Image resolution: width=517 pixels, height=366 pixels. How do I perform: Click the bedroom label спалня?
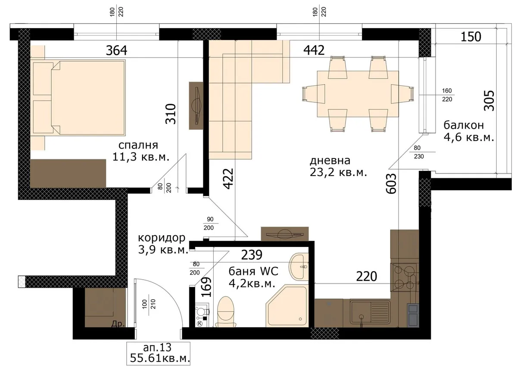point(138,145)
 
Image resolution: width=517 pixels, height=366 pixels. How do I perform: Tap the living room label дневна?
point(330,161)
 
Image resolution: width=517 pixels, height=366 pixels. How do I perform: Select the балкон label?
point(464,125)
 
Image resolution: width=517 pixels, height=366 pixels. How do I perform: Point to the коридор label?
point(162,238)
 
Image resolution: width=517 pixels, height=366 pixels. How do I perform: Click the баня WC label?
point(253,271)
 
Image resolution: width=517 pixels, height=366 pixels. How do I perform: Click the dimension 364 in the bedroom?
point(117,50)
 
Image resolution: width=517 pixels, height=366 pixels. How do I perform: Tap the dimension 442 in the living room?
point(314,50)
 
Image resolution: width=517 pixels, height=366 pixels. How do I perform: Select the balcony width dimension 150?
point(471,37)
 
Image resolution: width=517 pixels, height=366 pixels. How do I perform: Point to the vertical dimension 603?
point(391,183)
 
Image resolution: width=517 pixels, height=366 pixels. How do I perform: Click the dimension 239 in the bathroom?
point(252,255)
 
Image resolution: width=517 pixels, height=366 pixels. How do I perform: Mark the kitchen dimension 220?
point(367,276)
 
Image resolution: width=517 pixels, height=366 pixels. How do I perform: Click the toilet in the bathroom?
point(226,312)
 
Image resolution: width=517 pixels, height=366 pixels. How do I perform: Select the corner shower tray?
point(287,306)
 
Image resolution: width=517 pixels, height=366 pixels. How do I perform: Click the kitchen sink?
point(370,312)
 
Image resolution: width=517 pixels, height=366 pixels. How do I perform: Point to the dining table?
point(358,94)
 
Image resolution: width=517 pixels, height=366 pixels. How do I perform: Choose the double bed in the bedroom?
point(78,98)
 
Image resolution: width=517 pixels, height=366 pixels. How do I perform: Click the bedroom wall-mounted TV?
point(196,106)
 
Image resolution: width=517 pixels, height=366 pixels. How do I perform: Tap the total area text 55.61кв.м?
point(160,358)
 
